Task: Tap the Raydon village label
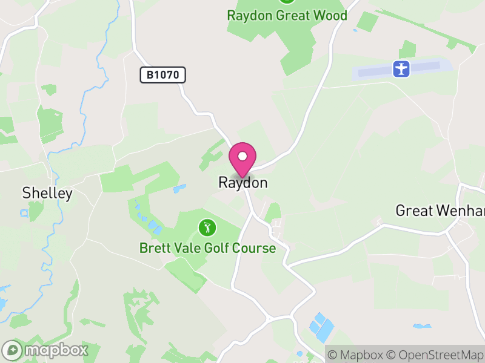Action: (242, 183)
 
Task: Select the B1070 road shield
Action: (162, 75)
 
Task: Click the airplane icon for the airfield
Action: (401, 68)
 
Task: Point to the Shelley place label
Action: (47, 194)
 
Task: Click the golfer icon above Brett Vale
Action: (207, 227)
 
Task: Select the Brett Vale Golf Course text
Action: (207, 248)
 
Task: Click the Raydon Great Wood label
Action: (287, 15)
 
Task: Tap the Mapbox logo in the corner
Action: (46, 350)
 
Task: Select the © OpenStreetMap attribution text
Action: (435, 355)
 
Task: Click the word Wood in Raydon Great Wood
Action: (331, 15)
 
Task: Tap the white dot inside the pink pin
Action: (242, 156)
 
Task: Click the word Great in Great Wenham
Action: (413, 211)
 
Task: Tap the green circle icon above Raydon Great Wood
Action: (287, 1)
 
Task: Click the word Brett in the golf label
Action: (155, 248)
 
